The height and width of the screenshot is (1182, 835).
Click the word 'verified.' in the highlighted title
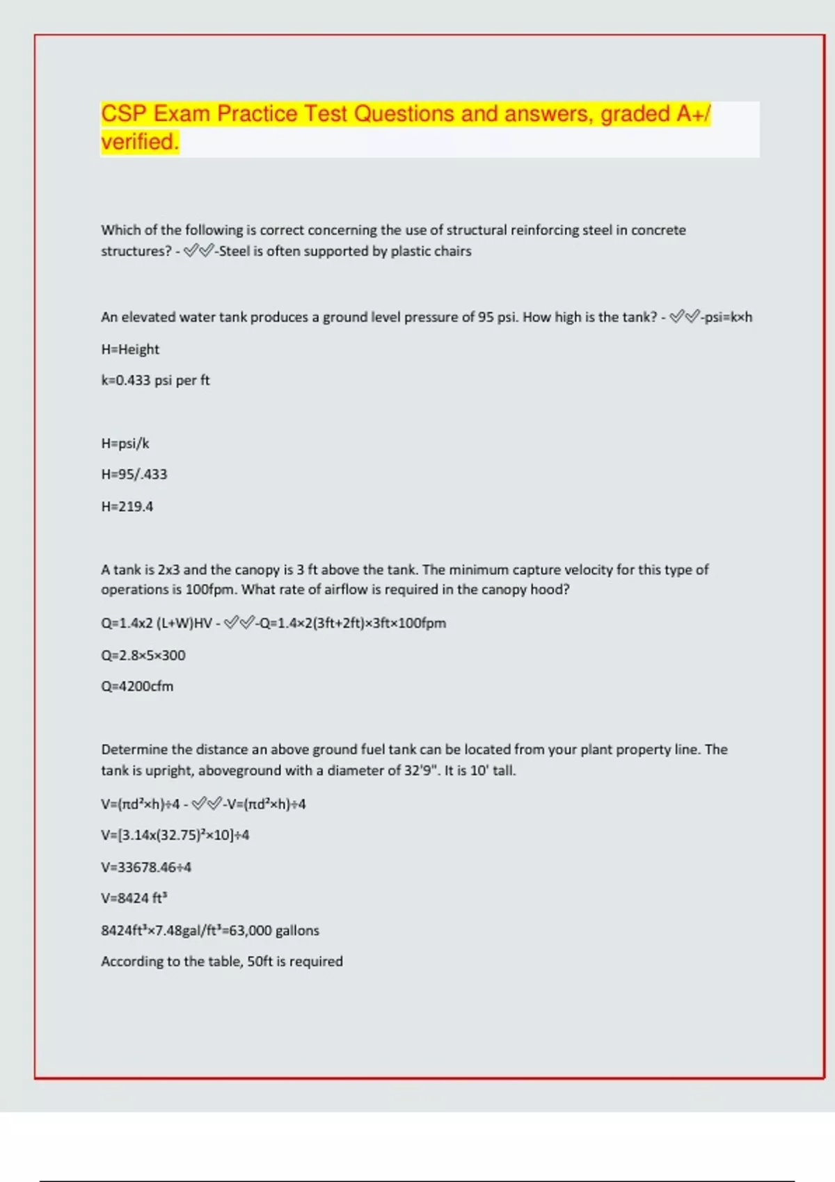140,142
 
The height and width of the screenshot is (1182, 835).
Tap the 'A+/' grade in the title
694,114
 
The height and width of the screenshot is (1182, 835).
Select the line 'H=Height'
130,349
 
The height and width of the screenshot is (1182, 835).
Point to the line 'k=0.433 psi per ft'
155,380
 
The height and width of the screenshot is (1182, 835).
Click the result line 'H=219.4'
127,506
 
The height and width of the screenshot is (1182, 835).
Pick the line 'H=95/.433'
134,474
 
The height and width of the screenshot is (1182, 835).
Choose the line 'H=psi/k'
125,444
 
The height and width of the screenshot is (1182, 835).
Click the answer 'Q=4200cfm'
137,686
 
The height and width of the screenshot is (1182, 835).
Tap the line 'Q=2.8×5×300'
143,655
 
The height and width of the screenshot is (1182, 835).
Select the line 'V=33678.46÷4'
146,867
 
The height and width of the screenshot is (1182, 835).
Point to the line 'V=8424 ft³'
134,898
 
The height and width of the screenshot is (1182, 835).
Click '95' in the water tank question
486,317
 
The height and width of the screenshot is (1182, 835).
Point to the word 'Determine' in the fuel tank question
134,750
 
